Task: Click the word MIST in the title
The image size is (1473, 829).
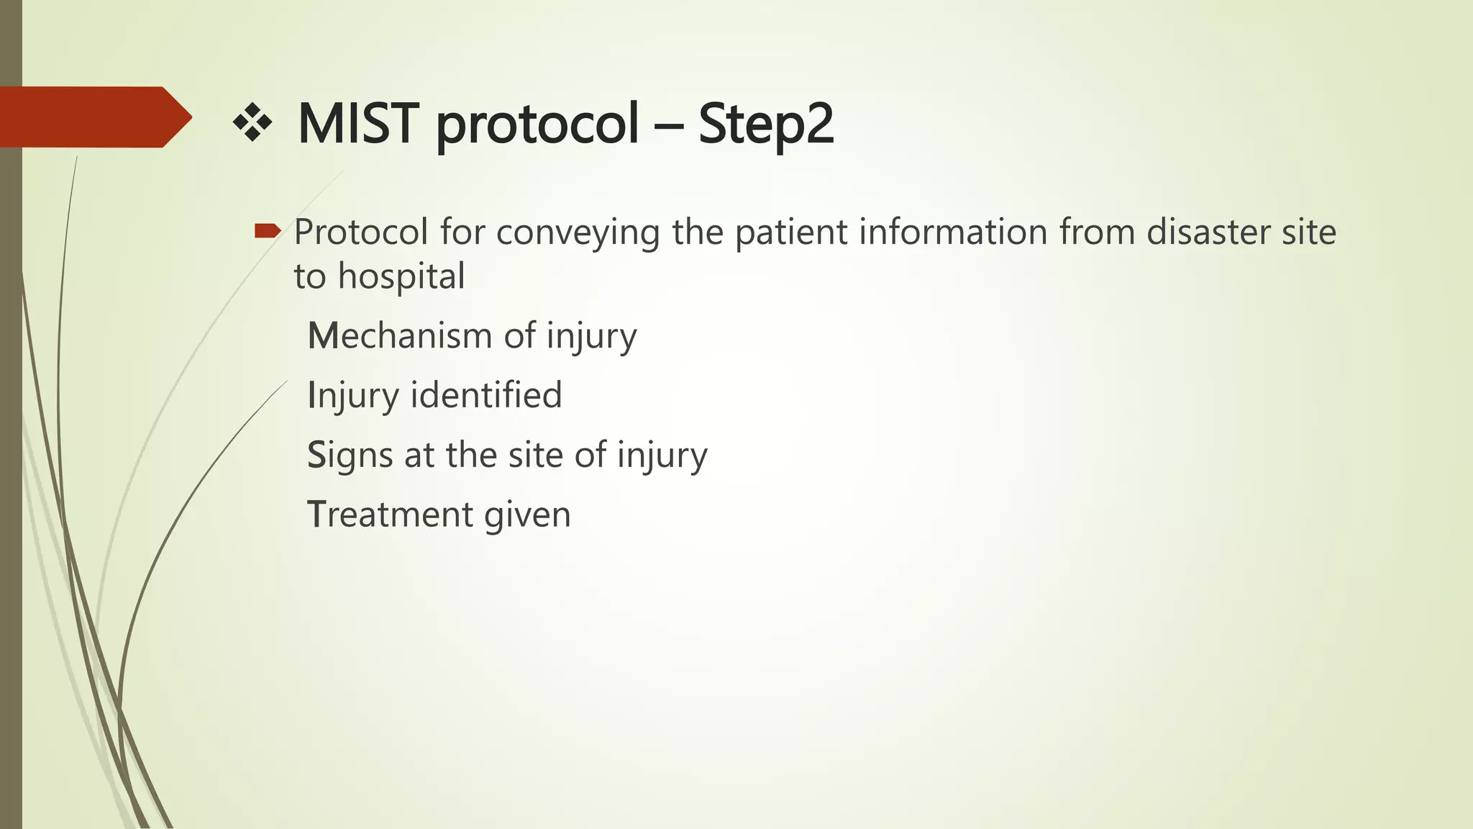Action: click(357, 123)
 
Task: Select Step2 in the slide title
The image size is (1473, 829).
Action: click(765, 124)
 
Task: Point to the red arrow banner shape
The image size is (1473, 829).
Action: click(94, 117)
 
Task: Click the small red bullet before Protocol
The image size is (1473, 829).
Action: click(267, 231)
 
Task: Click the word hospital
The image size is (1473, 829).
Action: click(401, 277)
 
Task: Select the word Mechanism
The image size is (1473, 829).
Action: click(400, 336)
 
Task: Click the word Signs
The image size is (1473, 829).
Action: click(350, 456)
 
